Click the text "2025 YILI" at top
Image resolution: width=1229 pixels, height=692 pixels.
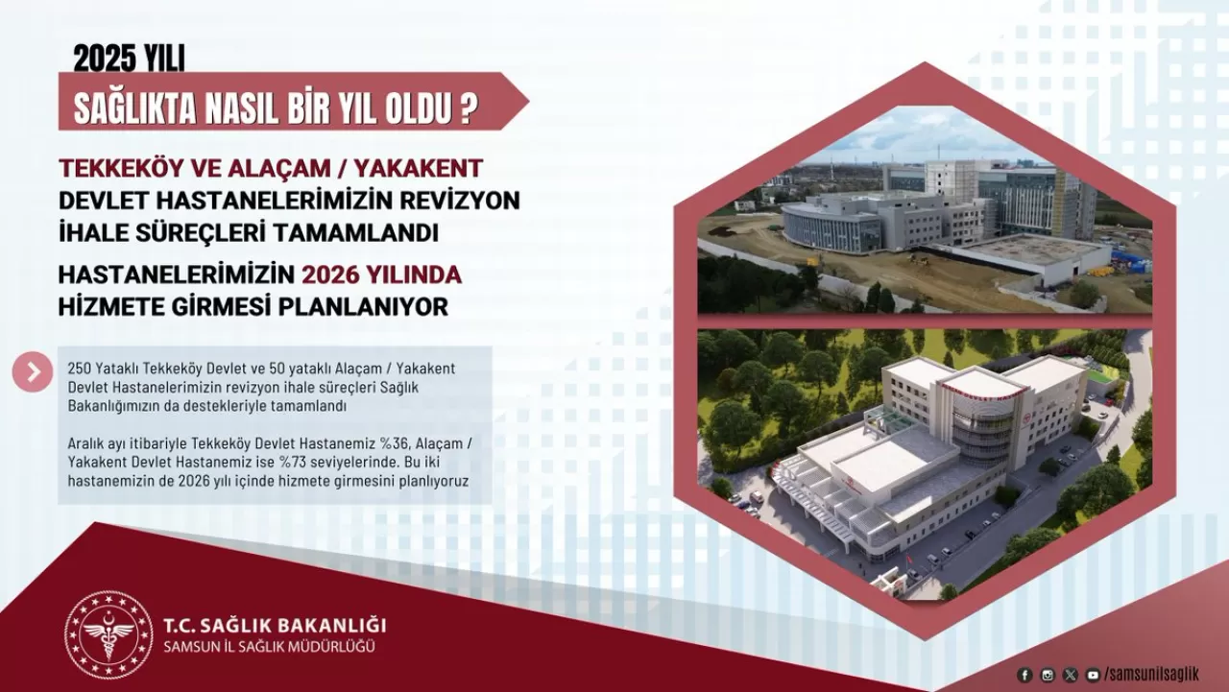coord(129,60)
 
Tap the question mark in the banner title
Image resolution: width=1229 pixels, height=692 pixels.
coord(468,109)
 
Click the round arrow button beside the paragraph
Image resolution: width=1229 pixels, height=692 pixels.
coord(33,371)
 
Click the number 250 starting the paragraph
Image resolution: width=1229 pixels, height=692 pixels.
coord(81,369)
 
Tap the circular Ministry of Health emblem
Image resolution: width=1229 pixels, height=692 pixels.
coord(108,634)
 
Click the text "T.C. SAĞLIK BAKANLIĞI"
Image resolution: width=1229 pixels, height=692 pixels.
coord(275,625)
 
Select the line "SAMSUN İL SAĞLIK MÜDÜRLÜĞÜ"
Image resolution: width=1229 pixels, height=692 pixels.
coord(270,646)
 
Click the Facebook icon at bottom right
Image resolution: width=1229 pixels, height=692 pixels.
coord(1024,675)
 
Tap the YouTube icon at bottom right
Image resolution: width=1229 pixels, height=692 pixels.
coord(1093,675)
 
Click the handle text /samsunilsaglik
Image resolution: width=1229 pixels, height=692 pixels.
coord(1151,675)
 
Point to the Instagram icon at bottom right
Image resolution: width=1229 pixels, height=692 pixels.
coord(1048,675)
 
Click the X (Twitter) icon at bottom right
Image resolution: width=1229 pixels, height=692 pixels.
coord(1071,675)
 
